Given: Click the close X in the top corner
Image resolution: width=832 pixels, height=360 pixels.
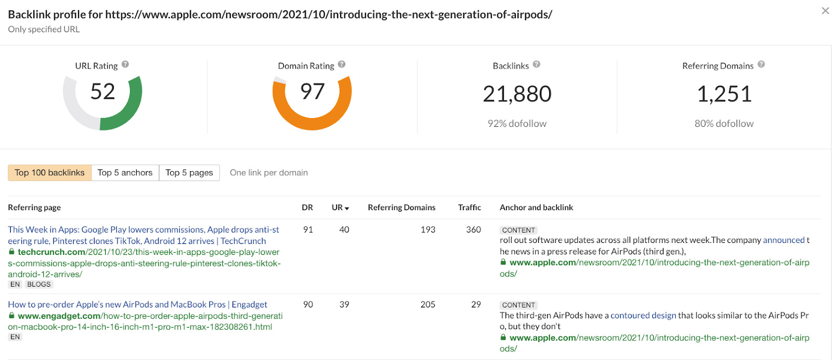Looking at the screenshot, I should (x=825, y=11).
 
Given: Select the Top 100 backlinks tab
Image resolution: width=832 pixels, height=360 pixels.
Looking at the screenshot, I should (x=49, y=173).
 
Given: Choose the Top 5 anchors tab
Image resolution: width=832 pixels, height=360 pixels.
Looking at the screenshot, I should (x=125, y=173).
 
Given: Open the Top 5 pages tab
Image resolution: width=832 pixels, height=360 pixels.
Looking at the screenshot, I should (x=189, y=173).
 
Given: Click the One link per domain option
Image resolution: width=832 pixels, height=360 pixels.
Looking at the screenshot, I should (x=269, y=173).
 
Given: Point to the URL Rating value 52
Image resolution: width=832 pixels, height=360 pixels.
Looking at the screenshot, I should (x=102, y=92).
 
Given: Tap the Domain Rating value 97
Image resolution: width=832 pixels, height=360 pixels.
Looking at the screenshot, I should (x=313, y=92).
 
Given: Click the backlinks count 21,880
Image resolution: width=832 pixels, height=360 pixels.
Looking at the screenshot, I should (x=517, y=94).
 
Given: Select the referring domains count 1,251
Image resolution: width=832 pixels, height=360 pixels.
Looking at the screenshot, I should (x=724, y=94).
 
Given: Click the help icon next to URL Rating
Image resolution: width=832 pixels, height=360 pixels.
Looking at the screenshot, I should (x=125, y=65).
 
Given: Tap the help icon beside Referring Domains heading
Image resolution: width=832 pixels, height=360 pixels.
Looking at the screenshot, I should (x=761, y=65).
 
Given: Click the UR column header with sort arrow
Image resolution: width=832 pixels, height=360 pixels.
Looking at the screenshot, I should (x=340, y=208).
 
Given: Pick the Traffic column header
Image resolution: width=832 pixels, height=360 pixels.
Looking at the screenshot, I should (x=469, y=208).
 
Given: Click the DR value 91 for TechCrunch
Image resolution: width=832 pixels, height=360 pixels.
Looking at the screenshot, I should (x=308, y=229).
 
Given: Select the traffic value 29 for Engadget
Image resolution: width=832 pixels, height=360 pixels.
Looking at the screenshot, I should (x=476, y=304).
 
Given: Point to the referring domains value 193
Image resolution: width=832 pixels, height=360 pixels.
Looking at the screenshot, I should (x=428, y=229).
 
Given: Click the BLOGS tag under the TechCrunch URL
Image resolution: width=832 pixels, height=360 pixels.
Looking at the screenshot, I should (x=39, y=285).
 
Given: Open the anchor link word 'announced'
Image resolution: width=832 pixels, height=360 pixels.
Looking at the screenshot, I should (x=784, y=240).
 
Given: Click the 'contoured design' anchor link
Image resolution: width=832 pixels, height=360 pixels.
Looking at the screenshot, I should (x=643, y=315).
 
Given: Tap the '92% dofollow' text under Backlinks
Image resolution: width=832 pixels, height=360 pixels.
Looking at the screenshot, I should (x=517, y=124).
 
